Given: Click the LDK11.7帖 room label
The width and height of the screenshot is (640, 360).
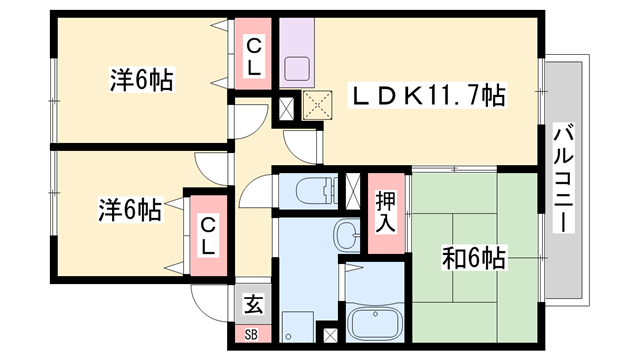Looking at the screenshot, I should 426,97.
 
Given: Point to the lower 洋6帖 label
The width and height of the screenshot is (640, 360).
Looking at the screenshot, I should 129,211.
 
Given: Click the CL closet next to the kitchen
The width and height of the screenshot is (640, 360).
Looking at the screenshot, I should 255,56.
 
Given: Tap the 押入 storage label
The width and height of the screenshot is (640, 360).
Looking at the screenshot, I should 386,210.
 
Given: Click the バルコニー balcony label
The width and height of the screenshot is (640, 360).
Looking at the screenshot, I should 562,178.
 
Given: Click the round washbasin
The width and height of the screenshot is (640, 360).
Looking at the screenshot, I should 345,236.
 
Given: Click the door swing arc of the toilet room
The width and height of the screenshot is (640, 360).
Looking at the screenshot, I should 256,190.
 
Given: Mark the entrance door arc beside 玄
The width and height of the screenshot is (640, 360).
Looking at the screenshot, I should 210,300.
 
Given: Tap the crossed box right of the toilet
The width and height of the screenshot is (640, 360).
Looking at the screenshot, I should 352,189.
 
